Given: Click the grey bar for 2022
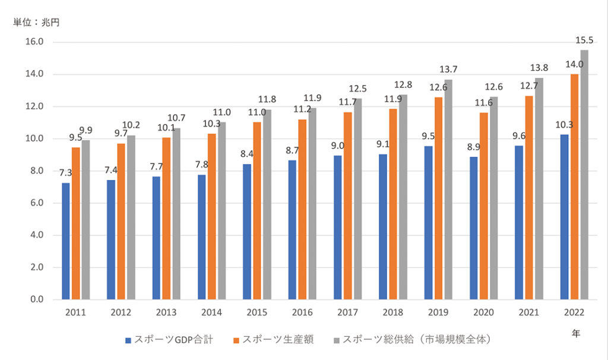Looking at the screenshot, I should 584,175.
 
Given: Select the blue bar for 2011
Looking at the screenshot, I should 66,241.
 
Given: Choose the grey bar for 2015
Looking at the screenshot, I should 268,204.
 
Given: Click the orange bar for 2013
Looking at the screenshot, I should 166,219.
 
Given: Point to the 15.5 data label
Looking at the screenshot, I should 584,41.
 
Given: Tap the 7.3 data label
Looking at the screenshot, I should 65,173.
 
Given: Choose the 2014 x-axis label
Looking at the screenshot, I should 211,312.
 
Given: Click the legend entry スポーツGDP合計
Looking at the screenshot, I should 169,340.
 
